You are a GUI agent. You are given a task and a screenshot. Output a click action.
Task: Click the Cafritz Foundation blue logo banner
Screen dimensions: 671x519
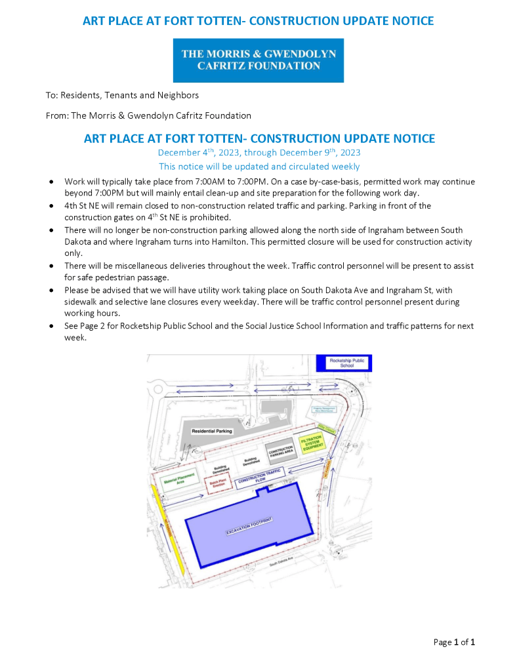pyautogui.click(x=259, y=60)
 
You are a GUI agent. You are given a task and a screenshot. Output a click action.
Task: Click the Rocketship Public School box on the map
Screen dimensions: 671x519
pyautogui.click(x=344, y=363)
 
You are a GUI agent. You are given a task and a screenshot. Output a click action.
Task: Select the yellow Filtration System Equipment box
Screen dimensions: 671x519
pyautogui.click(x=310, y=447)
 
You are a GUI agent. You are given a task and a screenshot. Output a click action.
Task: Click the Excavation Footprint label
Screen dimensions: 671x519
pyautogui.click(x=249, y=526)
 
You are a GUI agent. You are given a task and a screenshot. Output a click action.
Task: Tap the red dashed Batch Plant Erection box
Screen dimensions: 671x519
pyautogui.click(x=218, y=483)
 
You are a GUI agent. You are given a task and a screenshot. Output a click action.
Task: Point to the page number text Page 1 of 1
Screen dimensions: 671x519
pyautogui.click(x=454, y=642)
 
